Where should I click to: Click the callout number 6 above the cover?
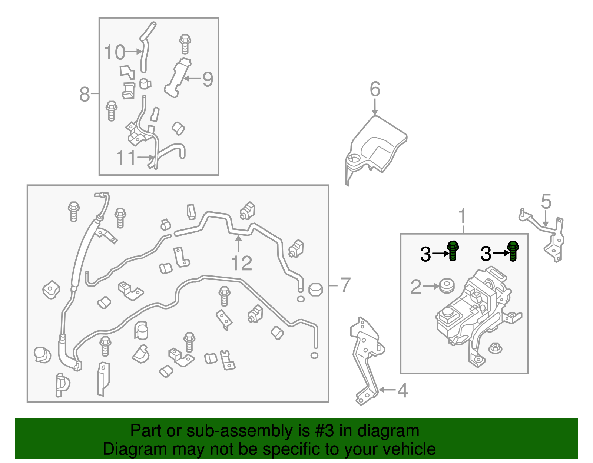pyautogui.click(x=375, y=89)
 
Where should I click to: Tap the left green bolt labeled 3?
pyautogui.click(x=453, y=251)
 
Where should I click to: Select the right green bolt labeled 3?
pyautogui.click(x=513, y=251)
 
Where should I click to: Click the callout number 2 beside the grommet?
pyautogui.click(x=416, y=287)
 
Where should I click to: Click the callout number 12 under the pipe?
pyautogui.click(x=241, y=264)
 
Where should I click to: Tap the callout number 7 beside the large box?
pyautogui.click(x=345, y=285)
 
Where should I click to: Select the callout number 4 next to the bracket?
pyautogui.click(x=402, y=390)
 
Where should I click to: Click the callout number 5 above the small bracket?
pyautogui.click(x=546, y=202)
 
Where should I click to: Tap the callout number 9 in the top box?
pyautogui.click(x=208, y=79)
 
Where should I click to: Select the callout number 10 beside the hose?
pyautogui.click(x=115, y=52)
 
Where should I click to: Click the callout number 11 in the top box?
pyautogui.click(x=126, y=158)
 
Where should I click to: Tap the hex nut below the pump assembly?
pyautogui.click(x=495, y=348)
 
